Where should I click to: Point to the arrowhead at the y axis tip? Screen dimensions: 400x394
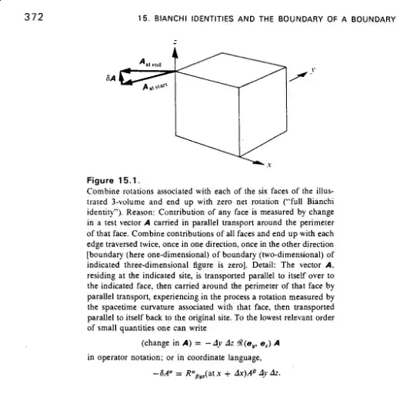pyautogui.click(x=285, y=72)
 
